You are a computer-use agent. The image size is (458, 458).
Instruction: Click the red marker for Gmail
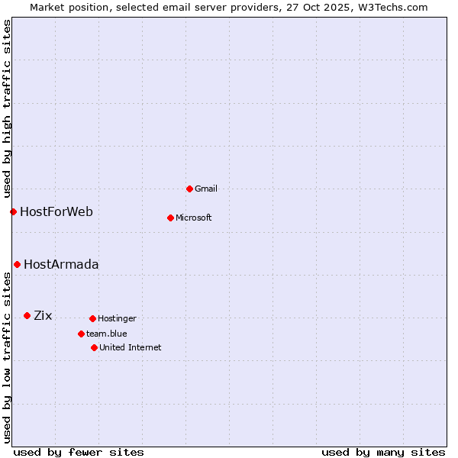point(190,189)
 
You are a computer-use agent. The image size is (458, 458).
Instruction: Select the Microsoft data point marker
point(171,218)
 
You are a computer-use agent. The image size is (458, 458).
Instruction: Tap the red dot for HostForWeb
point(13,211)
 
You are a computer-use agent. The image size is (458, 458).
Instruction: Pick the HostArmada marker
point(17,264)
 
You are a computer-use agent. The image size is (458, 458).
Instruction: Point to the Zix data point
point(27,315)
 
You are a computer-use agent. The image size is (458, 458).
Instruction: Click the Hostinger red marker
point(92,318)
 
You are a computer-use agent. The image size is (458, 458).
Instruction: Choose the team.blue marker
point(81,334)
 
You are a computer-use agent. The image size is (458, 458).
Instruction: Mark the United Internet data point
point(94,347)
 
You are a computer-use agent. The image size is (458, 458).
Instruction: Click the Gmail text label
point(206,189)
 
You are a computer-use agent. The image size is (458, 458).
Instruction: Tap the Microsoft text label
point(194,218)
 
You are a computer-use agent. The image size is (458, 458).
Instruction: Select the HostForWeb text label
point(56,211)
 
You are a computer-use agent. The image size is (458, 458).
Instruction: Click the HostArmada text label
point(61,264)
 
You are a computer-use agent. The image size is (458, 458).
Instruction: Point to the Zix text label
point(43,315)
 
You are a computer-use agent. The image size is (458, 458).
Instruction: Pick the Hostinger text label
point(117,318)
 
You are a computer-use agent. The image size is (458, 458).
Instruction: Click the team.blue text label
point(107,334)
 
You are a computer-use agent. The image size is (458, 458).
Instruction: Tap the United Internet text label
point(131,347)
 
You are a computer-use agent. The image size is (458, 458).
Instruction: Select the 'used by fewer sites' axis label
point(79,452)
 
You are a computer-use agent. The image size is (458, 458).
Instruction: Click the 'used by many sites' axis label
point(383,452)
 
